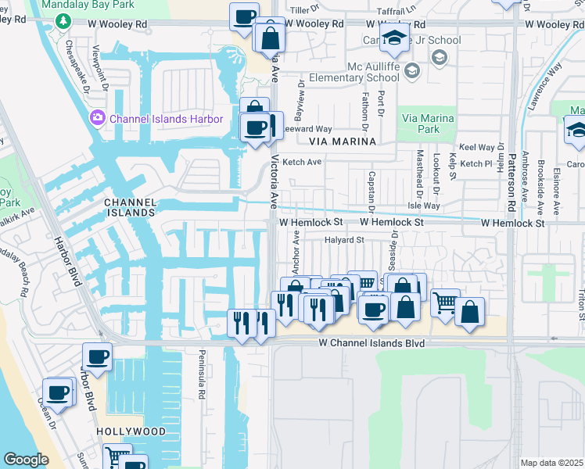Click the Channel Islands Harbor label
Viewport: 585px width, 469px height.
160,119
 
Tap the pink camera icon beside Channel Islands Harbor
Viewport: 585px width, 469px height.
98,119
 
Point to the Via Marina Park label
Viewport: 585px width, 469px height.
427,124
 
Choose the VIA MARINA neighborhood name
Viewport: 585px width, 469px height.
343,141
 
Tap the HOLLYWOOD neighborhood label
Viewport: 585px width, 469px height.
131,431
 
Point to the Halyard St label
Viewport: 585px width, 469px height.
345,241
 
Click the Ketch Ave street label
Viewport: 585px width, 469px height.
302,162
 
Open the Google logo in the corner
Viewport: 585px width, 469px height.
26,460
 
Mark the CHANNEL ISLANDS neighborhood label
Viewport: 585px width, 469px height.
130,207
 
